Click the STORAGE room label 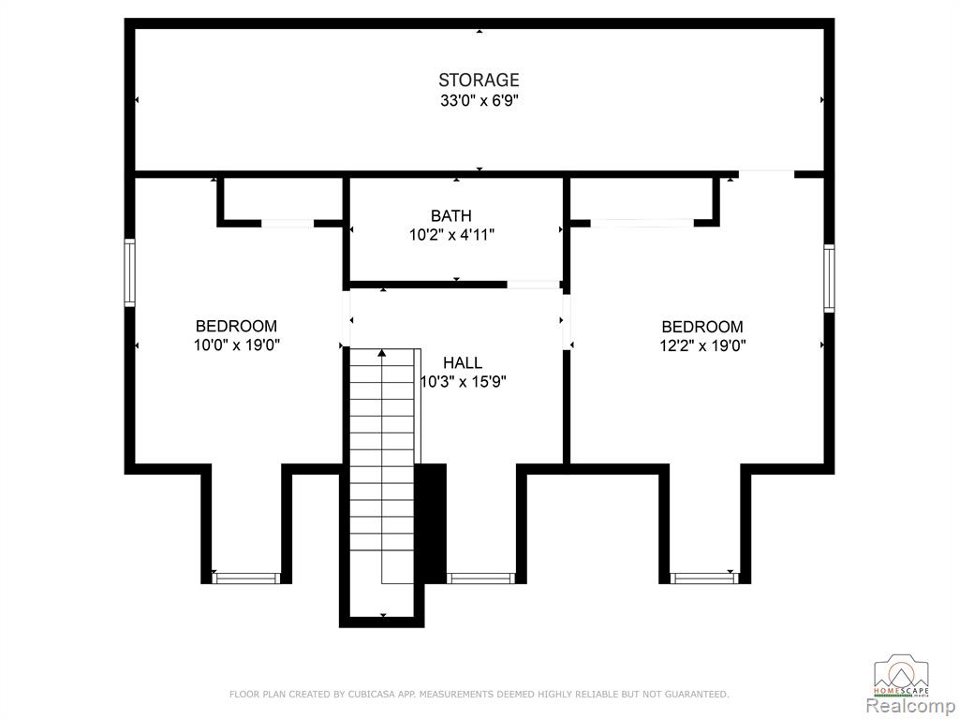[479, 81]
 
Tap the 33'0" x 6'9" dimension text [479, 100]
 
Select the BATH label [451, 216]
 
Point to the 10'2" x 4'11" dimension [451, 235]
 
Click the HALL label [463, 363]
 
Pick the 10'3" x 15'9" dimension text [464, 382]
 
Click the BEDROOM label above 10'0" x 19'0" [236, 326]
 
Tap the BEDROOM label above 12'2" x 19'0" [702, 327]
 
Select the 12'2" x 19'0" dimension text [702, 346]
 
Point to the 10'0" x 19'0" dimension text [237, 345]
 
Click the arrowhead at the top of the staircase [382, 352]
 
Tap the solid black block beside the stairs [431, 523]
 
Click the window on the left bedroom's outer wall [129, 272]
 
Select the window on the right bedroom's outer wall [829, 278]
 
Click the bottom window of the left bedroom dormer [246, 578]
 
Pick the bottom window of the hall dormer [480, 578]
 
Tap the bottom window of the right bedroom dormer [704, 578]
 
